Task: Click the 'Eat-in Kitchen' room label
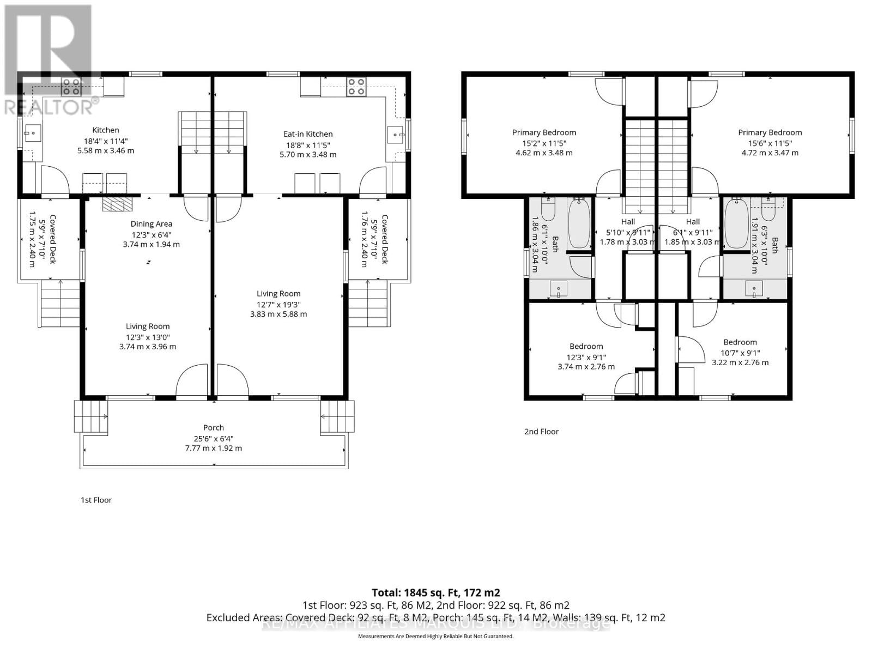tap(308, 134)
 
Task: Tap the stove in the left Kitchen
tap(71, 87)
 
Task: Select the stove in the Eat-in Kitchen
tap(356, 87)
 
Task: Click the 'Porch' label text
tap(214, 428)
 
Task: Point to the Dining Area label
tap(151, 224)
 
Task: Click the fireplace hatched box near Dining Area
tap(117, 204)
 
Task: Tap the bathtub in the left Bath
tap(579, 224)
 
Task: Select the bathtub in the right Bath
tap(736, 224)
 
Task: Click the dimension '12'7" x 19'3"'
tap(278, 304)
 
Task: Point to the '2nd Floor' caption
tap(541, 432)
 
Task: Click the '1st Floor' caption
tap(96, 500)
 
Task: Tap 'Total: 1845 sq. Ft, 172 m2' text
tap(435, 592)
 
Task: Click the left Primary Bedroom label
tap(544, 132)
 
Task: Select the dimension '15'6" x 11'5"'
tap(770, 143)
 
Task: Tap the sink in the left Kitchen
tap(31, 132)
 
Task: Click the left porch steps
tap(90, 417)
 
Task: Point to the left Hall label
tap(628, 222)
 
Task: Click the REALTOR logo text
tap(52, 106)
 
